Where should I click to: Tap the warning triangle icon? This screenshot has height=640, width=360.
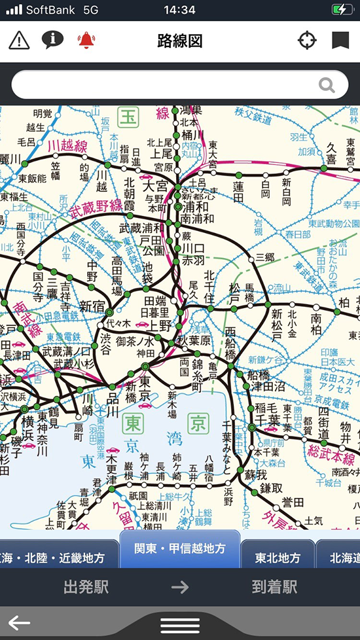[x=20, y=41]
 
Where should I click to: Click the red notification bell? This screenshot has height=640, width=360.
[x=86, y=41]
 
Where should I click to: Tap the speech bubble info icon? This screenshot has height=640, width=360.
[x=52, y=40]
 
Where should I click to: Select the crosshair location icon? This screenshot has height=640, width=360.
[x=306, y=41]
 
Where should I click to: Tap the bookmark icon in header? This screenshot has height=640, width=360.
[x=340, y=41]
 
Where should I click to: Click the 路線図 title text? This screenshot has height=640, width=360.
[x=180, y=41]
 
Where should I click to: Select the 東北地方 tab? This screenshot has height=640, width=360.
[x=278, y=558]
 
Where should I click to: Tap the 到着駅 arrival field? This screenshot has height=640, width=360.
[x=274, y=586]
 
